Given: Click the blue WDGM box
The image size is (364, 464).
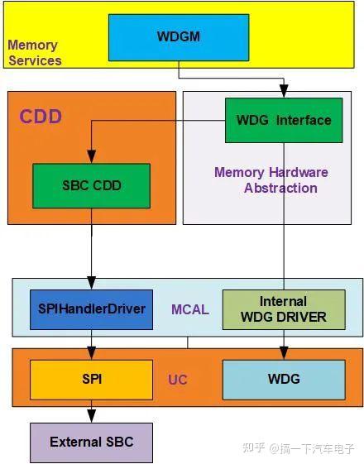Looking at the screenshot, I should click(179, 37).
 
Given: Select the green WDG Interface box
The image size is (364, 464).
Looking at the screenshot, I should click(284, 121).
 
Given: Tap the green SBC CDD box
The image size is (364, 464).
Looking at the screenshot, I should click(91, 185).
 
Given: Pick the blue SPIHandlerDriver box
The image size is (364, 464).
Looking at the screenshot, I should click(91, 309).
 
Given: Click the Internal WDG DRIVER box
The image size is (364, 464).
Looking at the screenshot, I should click(283, 309).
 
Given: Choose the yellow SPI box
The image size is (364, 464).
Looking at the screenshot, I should click(91, 380).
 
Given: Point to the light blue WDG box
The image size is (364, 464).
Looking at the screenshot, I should click(283, 380).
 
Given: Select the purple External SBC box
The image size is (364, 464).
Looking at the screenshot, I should click(91, 442).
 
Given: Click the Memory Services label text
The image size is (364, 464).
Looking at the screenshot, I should click(34, 52).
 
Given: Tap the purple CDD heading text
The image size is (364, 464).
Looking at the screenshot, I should click(41, 116).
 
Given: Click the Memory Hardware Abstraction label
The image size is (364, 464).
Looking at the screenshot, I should click(271, 180).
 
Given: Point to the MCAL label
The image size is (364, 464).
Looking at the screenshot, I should click(189, 309).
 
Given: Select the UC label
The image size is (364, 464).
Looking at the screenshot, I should click(178, 380).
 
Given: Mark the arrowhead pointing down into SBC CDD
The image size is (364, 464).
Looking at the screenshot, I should click(91, 157).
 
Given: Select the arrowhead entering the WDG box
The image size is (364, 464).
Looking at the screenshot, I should click(284, 354).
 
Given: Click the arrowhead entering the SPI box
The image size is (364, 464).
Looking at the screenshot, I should click(91, 354).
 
